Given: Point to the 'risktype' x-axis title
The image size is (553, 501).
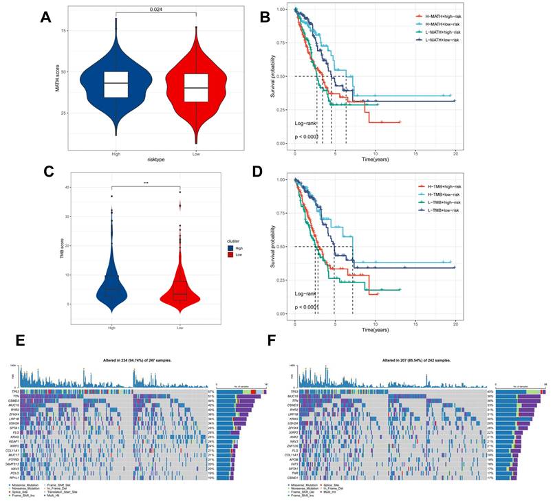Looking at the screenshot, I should pos(155,159).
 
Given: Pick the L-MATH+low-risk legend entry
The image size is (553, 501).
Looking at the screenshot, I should pos(441,41).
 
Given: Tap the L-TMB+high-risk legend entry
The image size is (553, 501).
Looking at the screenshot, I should pos(440,203).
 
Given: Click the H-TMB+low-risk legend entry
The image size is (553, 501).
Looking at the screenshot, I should pos(440,194).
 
